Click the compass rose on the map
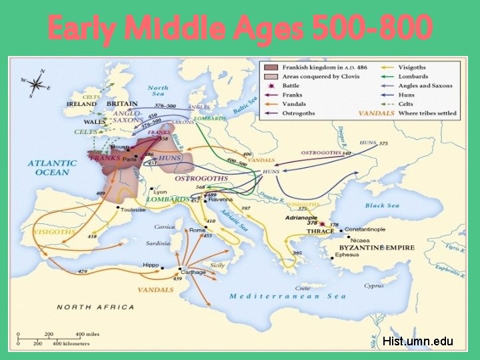tap(37, 83)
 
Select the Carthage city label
tap(194, 272)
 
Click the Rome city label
tap(197, 230)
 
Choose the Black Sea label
tap(383, 205)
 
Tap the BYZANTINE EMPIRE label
tap(377, 247)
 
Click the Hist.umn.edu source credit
tap(418, 341)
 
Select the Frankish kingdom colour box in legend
tap(272, 67)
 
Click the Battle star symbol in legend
tap(272, 86)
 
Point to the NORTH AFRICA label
tap(95, 307)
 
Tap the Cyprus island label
tap(374, 286)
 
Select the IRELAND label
tap(81, 104)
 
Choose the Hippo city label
tap(151, 265)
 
